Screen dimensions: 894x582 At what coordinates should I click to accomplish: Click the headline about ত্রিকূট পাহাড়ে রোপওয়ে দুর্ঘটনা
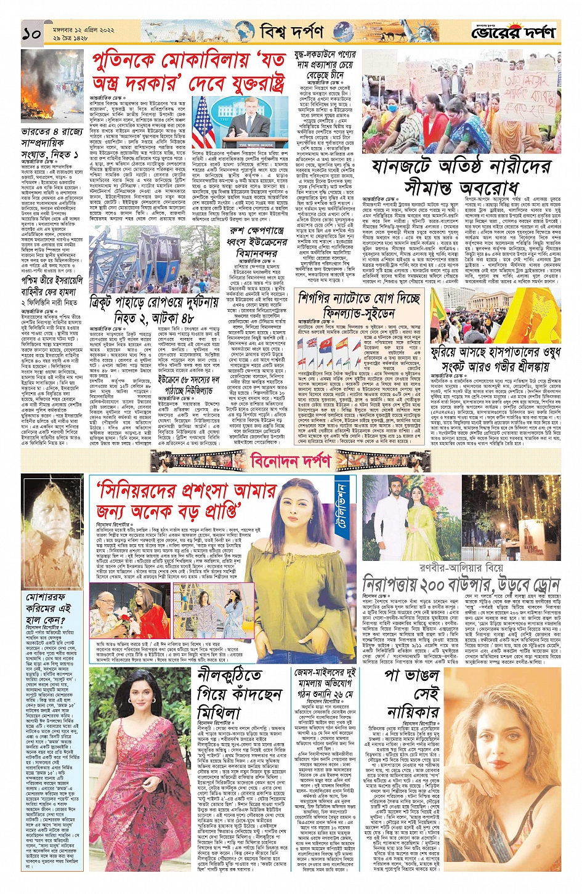pyautogui.click(x=153, y=310)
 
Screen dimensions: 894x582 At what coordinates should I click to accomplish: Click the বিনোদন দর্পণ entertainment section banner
pyautogui.click(x=291, y=461)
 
